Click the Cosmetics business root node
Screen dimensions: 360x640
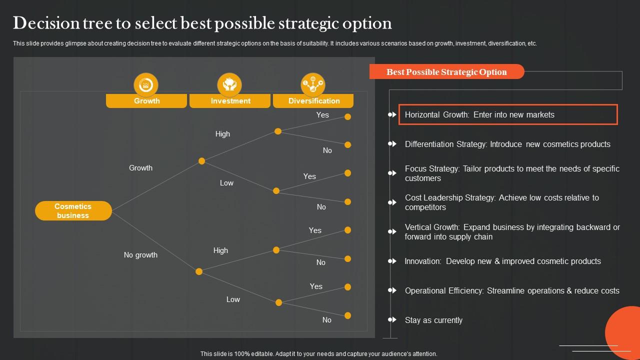click(x=73, y=210)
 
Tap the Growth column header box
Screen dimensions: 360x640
click(x=146, y=100)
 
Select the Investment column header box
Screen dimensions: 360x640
click(x=230, y=100)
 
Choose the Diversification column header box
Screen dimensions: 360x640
click(x=313, y=100)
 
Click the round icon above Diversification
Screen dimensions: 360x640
click(x=313, y=85)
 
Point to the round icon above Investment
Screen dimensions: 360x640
click(x=229, y=85)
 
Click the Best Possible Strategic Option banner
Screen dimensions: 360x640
click(x=446, y=72)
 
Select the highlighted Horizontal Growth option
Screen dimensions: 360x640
click(x=508, y=114)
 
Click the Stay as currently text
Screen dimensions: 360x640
click(x=433, y=320)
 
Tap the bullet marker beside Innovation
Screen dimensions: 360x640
click(x=392, y=261)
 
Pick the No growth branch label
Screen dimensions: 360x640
click(x=140, y=255)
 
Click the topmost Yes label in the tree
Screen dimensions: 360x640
click(x=322, y=115)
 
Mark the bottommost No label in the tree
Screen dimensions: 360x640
click(x=327, y=320)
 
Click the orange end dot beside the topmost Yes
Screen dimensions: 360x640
click(x=348, y=116)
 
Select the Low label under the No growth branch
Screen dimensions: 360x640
click(x=233, y=299)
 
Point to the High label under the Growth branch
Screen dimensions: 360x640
click(x=222, y=134)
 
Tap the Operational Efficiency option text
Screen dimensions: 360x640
click(x=512, y=290)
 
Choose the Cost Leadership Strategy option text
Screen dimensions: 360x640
click(x=502, y=202)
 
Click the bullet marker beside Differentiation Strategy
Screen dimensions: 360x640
click(x=392, y=144)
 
